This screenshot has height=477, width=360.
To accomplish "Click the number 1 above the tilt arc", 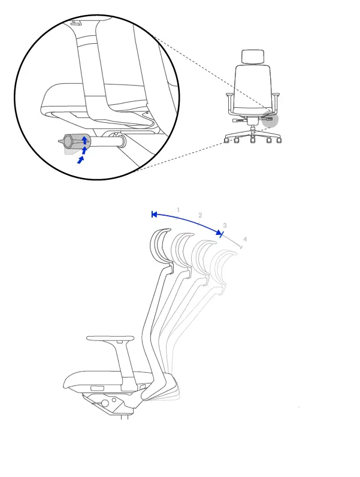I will point(178,210).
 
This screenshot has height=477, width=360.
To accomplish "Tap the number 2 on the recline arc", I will point(200,215).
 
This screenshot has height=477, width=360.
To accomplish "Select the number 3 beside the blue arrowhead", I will point(225,226).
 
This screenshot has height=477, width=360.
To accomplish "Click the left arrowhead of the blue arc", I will point(154,214).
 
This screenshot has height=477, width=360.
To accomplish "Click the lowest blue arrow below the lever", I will point(81,160).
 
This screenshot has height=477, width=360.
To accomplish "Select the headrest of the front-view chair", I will point(252,57).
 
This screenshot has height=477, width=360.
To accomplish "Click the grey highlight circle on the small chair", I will point(270,118).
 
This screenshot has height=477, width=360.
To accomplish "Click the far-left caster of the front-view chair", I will point(226,141).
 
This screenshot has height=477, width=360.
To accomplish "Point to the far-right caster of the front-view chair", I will point(279,141).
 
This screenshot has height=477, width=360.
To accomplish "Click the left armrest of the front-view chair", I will point(229,95).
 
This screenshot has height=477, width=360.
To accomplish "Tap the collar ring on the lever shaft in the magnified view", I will point(121,143).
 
